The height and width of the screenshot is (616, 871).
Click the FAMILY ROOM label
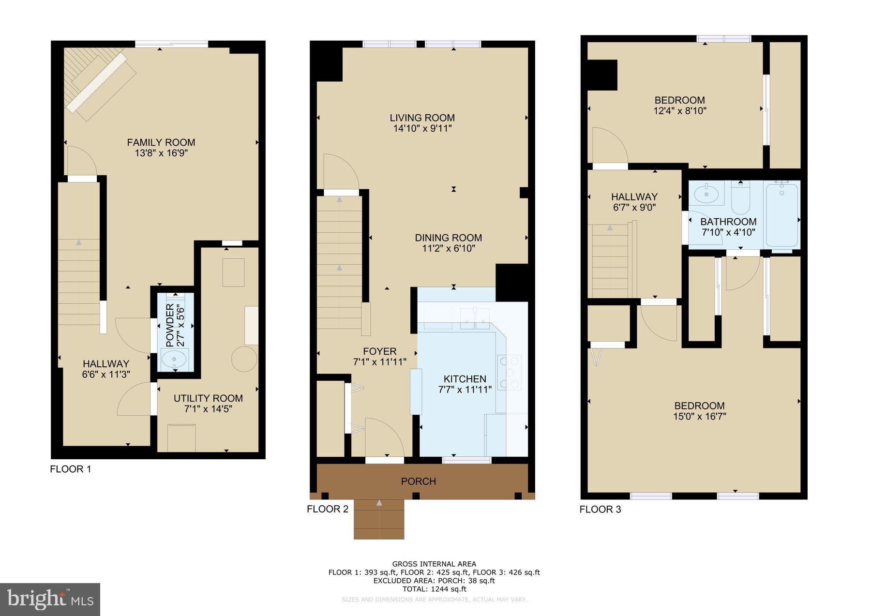(x=161, y=142)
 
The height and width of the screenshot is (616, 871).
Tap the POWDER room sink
(x=174, y=359)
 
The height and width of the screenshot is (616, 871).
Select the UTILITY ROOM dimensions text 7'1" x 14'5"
(x=208, y=409)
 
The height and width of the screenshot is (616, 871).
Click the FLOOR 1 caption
(x=70, y=469)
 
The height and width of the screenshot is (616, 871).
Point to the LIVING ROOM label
(x=422, y=118)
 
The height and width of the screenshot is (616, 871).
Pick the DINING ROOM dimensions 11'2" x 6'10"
(x=448, y=248)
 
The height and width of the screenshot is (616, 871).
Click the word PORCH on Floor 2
(x=419, y=481)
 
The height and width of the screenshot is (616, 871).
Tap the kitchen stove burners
(x=510, y=372)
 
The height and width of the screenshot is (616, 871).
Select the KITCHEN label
(x=465, y=379)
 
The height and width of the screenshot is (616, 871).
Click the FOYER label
(x=380, y=351)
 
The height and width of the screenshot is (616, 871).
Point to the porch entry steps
(x=379, y=520)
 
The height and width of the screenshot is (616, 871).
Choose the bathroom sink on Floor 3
(x=706, y=194)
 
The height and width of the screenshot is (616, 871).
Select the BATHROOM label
(x=728, y=222)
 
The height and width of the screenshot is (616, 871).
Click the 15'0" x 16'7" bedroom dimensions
(x=700, y=416)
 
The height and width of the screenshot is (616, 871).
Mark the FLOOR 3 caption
(x=600, y=509)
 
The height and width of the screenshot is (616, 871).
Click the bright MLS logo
(x=50, y=600)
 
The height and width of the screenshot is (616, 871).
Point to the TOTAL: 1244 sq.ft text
(x=434, y=589)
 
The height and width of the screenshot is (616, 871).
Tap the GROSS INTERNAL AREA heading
(x=434, y=564)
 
